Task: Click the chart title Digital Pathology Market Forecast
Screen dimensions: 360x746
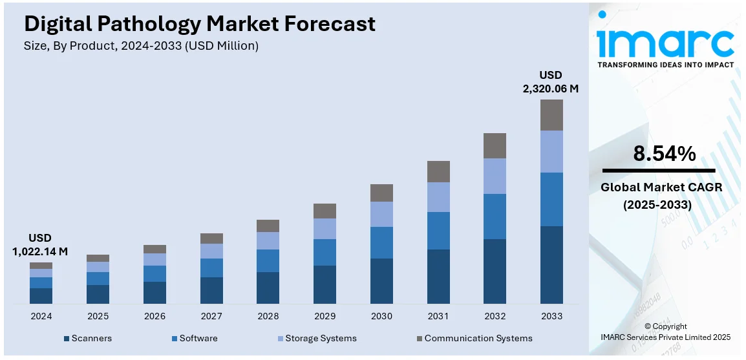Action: [199, 24]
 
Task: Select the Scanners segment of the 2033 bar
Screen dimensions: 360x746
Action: [551, 264]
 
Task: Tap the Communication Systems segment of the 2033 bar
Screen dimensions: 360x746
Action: [551, 115]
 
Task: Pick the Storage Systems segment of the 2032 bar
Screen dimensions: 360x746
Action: [495, 176]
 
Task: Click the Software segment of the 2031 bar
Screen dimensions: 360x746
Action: [438, 231]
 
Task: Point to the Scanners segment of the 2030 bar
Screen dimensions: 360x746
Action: [381, 281]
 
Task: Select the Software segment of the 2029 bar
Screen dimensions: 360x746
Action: [325, 252]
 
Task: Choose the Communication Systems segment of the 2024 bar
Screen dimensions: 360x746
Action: [41, 266]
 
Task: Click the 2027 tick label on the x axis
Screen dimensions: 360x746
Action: [211, 317]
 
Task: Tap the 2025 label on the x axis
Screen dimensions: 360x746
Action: [98, 317]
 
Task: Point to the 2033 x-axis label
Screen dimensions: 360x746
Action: [551, 317]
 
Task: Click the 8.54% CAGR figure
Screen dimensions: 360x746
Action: [664, 154]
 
